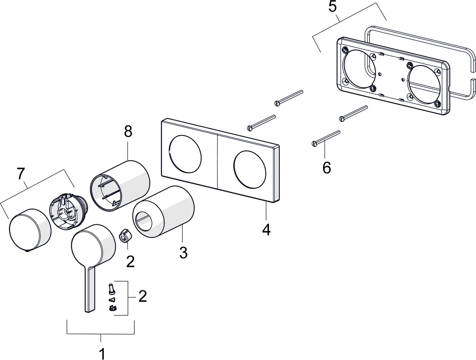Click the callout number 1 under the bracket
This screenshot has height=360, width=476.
pyautogui.click(x=102, y=353)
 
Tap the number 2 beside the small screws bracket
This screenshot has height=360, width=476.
pyautogui.click(x=142, y=296)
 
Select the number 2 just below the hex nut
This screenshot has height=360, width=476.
pyautogui.click(x=131, y=261)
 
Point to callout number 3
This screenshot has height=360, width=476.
pyautogui.click(x=183, y=253)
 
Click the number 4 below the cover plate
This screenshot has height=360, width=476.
pyautogui.click(x=266, y=229)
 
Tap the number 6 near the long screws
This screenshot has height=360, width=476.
pyautogui.click(x=327, y=167)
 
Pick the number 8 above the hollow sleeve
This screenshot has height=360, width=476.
pyautogui.click(x=128, y=132)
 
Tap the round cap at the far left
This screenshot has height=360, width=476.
pyautogui.click(x=29, y=230)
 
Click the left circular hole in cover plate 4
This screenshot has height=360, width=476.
pyautogui.click(x=185, y=153)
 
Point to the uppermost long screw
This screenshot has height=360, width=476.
pyautogui.click(x=289, y=97)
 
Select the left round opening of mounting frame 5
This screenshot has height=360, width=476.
pyautogui.click(x=360, y=68)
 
